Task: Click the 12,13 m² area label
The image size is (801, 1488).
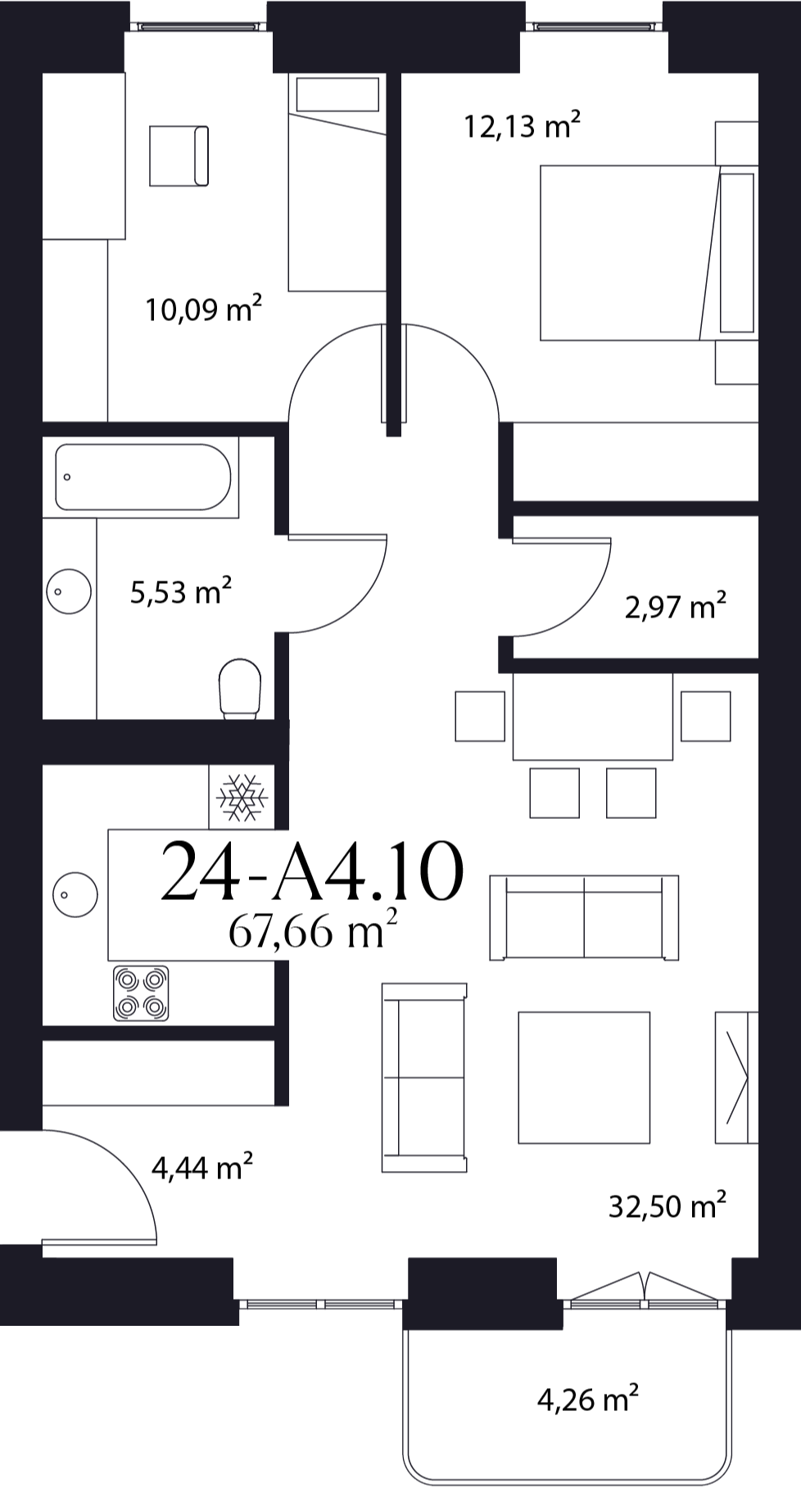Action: (x=523, y=126)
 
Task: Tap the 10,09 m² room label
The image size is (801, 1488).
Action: (x=204, y=309)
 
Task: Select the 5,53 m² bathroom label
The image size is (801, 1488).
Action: (x=181, y=590)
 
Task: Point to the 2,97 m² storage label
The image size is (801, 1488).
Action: (x=676, y=607)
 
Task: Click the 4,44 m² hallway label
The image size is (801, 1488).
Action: (x=202, y=1167)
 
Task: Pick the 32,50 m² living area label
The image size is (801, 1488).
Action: (x=667, y=1205)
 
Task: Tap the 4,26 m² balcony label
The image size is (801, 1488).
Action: (x=588, y=1399)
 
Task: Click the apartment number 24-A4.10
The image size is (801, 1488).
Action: (x=312, y=872)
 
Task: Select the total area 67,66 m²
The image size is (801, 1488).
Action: (x=313, y=929)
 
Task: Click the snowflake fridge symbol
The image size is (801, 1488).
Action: (x=242, y=796)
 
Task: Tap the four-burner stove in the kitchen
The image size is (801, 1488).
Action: (x=141, y=993)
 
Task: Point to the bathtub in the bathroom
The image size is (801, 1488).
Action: (x=143, y=477)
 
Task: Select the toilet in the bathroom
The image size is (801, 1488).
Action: (x=240, y=690)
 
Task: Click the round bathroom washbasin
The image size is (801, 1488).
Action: (x=69, y=591)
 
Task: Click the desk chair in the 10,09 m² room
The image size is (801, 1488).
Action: (x=179, y=156)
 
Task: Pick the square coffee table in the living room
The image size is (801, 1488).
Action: (x=584, y=1077)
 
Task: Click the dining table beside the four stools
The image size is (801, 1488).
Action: (x=593, y=717)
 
